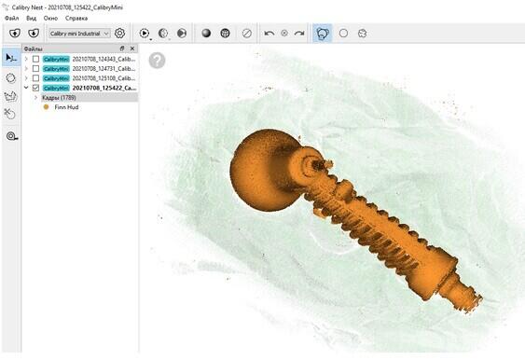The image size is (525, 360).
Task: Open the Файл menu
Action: pos(11,19)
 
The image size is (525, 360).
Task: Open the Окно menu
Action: pos(50,19)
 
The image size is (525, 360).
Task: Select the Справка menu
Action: pos(76,19)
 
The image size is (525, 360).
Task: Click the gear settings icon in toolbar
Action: pos(119,34)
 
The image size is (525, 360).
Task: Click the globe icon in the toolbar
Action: pos(226,34)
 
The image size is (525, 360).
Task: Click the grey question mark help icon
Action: pos(157,60)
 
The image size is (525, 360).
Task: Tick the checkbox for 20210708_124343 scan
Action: pos(35,59)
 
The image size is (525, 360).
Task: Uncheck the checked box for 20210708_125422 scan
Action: pos(35,88)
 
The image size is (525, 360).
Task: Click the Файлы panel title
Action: pos(34,48)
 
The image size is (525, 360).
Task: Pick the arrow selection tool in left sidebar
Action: pos(10,58)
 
